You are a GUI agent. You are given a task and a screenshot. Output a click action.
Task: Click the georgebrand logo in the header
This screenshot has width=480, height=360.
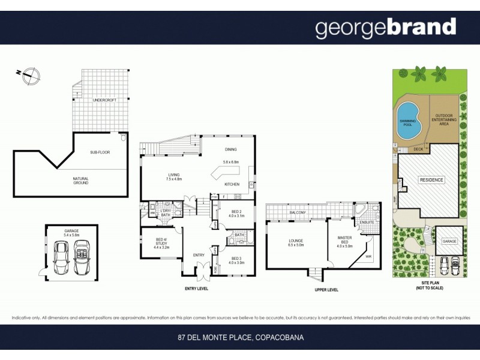tap(386, 28)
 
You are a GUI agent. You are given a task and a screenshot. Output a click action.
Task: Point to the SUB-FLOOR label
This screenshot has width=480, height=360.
tap(100, 152)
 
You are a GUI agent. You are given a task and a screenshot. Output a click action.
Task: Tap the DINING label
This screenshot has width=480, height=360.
tap(231, 149)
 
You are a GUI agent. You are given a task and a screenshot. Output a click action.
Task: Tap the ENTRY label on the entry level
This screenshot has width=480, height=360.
tap(198, 255)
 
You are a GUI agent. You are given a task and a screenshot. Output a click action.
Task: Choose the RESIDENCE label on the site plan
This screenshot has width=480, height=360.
tap(430, 180)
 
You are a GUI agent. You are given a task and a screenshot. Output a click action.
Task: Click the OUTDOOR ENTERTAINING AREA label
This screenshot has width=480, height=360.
tap(444, 119)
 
